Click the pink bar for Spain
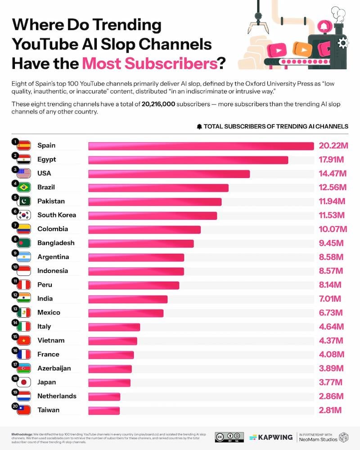(x=201, y=146)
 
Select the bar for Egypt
(x=188, y=160)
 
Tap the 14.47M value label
(x=333, y=174)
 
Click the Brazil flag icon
(x=23, y=187)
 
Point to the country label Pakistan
(x=51, y=201)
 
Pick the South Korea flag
(x=23, y=215)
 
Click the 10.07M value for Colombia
(x=333, y=229)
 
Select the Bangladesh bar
(x=141, y=243)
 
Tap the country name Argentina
(x=53, y=257)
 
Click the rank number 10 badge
(x=15, y=267)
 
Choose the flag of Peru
(x=23, y=285)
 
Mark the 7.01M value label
(x=330, y=299)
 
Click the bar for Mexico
(x=126, y=313)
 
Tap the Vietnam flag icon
(x=23, y=341)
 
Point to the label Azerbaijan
(x=54, y=368)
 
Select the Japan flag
(x=23, y=382)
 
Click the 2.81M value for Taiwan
(x=330, y=410)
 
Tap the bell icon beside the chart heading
(x=199, y=126)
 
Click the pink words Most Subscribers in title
(x=149, y=63)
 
